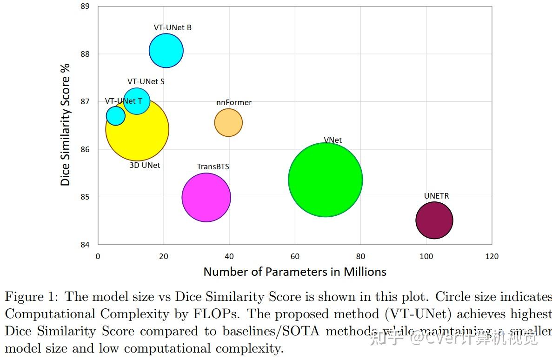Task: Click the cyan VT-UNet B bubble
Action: tap(166, 51)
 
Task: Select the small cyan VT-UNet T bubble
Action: tap(115, 116)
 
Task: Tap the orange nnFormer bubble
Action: tap(228, 123)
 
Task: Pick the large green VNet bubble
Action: tap(325, 180)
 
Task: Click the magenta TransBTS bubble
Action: tap(206, 197)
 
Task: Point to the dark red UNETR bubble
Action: tap(434, 220)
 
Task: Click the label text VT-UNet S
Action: tap(146, 81)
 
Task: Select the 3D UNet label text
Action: tap(145, 165)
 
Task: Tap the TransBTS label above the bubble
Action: tap(213, 167)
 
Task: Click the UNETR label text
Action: tap(436, 196)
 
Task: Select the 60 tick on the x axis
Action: tap(295, 256)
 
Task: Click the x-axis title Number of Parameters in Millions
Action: tap(295, 272)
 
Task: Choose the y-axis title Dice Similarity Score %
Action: tap(66, 125)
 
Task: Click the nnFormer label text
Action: tap(234, 102)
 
